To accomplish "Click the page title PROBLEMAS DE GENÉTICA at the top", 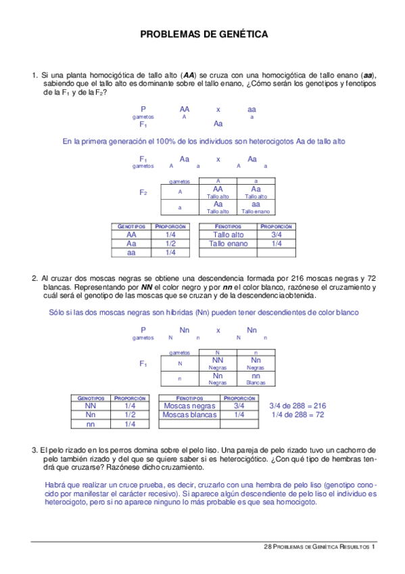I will pos(204,34).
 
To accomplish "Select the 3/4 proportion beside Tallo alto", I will pos(277,235).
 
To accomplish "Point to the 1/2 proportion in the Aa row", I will pos(170,244).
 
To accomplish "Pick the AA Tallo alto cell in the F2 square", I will pos(218,192).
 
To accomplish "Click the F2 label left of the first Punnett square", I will pos(143,193).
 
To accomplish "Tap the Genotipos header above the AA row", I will pos(132,226).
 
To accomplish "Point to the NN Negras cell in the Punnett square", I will pos(218,363).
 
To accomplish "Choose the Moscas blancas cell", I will pos(190,415).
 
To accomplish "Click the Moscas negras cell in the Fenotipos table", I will pos(189,406).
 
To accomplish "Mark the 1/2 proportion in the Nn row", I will pos(130,415).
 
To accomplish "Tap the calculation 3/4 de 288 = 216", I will pos(297,405).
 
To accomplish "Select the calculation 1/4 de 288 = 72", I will pos(297,415).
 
